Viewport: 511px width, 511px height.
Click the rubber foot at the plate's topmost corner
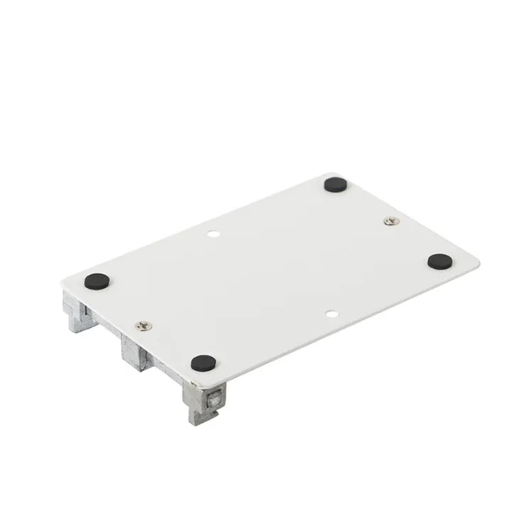[x=334, y=185]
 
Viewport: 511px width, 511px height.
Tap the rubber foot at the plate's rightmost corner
[x=440, y=261]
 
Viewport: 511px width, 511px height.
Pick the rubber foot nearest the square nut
[x=203, y=363]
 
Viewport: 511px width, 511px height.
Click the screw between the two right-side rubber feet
[x=390, y=222]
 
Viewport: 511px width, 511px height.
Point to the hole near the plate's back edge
[x=213, y=232]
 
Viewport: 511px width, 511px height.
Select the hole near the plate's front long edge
[x=331, y=312]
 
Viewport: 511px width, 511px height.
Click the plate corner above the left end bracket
[x=65, y=280]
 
